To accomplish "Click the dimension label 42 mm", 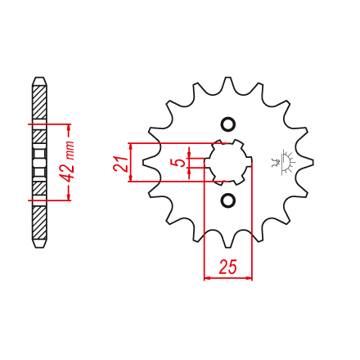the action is point(67,161).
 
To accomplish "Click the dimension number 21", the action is point(120,164).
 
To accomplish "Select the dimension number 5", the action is point(178,163).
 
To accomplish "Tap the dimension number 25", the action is point(228,267).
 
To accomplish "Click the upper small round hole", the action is point(227,124).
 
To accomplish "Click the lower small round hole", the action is point(227,200).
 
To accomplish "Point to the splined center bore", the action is point(227,162).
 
